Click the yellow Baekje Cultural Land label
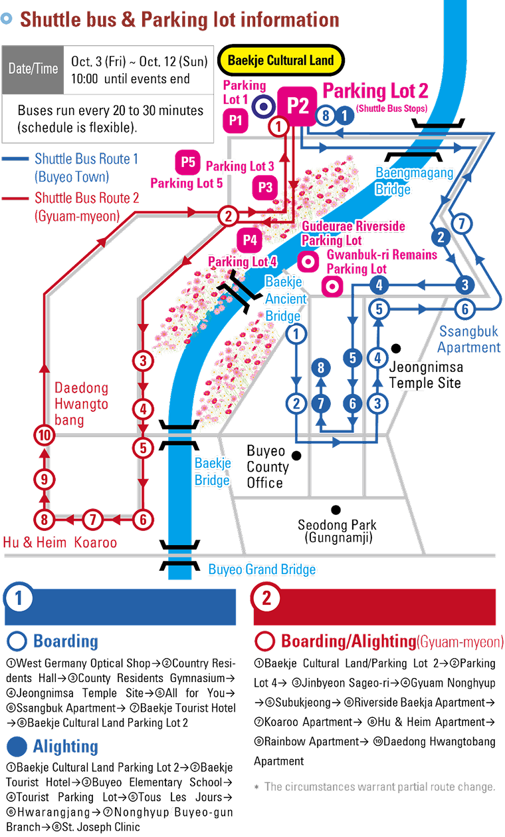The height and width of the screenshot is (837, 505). coord(281,61)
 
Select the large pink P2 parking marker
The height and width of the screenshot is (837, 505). coord(297,106)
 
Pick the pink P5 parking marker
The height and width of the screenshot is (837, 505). coord(189,162)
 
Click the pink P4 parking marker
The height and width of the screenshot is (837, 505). coord(250,240)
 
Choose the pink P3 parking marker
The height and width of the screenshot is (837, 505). coord(265,187)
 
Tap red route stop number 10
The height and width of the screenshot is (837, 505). coord(44,436)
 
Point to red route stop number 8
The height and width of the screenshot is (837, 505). coord(44,519)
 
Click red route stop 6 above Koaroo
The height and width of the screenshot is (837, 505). coord(143,519)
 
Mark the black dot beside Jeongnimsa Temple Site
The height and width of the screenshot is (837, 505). coord(396,348)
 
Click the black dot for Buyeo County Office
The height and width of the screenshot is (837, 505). coord(297,456)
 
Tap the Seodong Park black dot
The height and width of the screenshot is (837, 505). coord(336,510)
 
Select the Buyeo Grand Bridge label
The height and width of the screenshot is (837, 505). coord(262,570)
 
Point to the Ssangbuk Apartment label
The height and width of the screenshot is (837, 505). coord(470,339)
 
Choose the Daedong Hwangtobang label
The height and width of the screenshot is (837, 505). coord(81,404)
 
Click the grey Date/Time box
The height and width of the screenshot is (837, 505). coord(33,69)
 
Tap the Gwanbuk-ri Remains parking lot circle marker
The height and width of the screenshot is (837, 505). coord(331,287)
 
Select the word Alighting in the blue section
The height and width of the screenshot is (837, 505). coord(65,746)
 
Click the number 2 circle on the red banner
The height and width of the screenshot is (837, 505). coord(266,597)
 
